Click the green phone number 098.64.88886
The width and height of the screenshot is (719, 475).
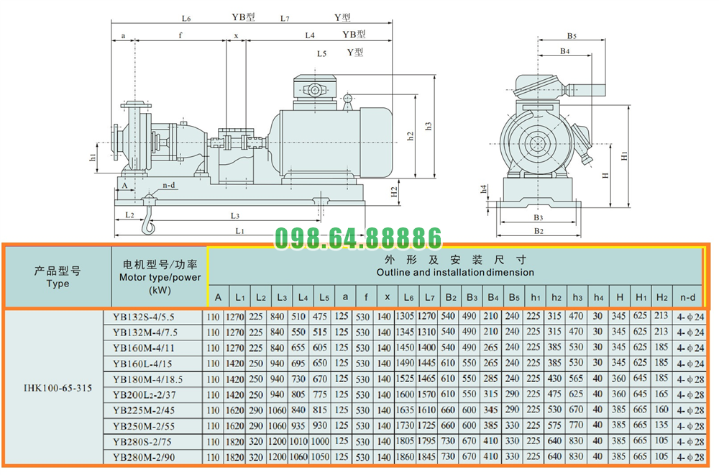[x=358, y=238]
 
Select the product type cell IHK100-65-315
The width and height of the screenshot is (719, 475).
[x=58, y=385]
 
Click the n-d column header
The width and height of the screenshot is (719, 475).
[x=688, y=297]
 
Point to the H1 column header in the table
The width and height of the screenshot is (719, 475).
[x=641, y=297]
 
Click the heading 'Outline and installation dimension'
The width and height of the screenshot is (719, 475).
[x=454, y=272]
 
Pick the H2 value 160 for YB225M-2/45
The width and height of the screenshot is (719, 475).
[x=662, y=410]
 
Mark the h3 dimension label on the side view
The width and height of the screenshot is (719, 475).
[x=429, y=125]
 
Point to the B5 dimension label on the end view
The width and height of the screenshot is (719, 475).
[x=572, y=35]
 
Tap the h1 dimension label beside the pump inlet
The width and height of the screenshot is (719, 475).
[x=93, y=157]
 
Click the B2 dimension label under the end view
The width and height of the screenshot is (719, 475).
[x=538, y=230]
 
